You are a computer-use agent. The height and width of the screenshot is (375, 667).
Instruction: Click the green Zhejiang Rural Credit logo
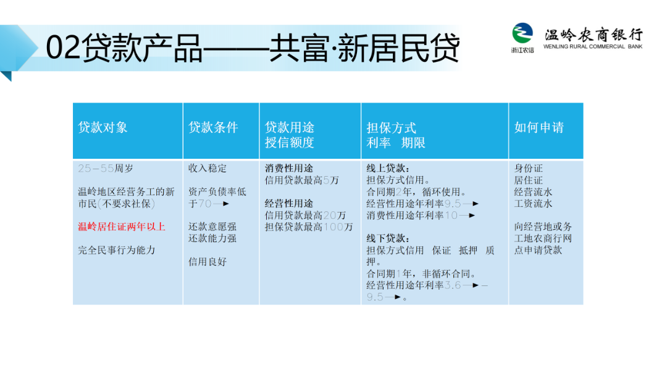[522, 33]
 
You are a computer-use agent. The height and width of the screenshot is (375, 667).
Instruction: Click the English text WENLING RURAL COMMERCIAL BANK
[592, 46]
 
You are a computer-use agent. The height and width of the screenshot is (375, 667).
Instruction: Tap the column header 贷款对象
[103, 127]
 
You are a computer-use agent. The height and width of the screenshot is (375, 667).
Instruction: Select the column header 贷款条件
[213, 127]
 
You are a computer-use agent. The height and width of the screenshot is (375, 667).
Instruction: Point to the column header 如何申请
[539, 127]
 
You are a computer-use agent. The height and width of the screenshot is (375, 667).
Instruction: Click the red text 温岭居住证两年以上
[122, 227]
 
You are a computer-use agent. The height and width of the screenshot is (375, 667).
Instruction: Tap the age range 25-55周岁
[106, 168]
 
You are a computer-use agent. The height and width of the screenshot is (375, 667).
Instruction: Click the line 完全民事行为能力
[117, 250]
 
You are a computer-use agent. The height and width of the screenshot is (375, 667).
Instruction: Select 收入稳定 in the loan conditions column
[208, 168]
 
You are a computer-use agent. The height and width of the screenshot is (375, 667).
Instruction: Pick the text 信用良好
[208, 261]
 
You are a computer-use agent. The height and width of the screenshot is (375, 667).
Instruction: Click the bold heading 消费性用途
[289, 168]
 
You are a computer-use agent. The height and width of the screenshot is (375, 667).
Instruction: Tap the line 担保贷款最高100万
[309, 227]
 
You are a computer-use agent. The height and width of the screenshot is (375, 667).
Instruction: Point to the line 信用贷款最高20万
[305, 215]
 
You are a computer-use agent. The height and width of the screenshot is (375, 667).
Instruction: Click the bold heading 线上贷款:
[388, 168]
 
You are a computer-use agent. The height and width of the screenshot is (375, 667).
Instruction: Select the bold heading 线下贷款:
[388, 238]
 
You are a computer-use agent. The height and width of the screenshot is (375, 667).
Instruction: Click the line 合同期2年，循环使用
[416, 192]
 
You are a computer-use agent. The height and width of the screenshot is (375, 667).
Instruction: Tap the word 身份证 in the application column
[528, 168]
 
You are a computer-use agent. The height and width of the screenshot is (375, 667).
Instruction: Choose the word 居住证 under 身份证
[528, 180]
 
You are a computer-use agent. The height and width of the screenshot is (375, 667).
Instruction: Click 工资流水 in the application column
[533, 203]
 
